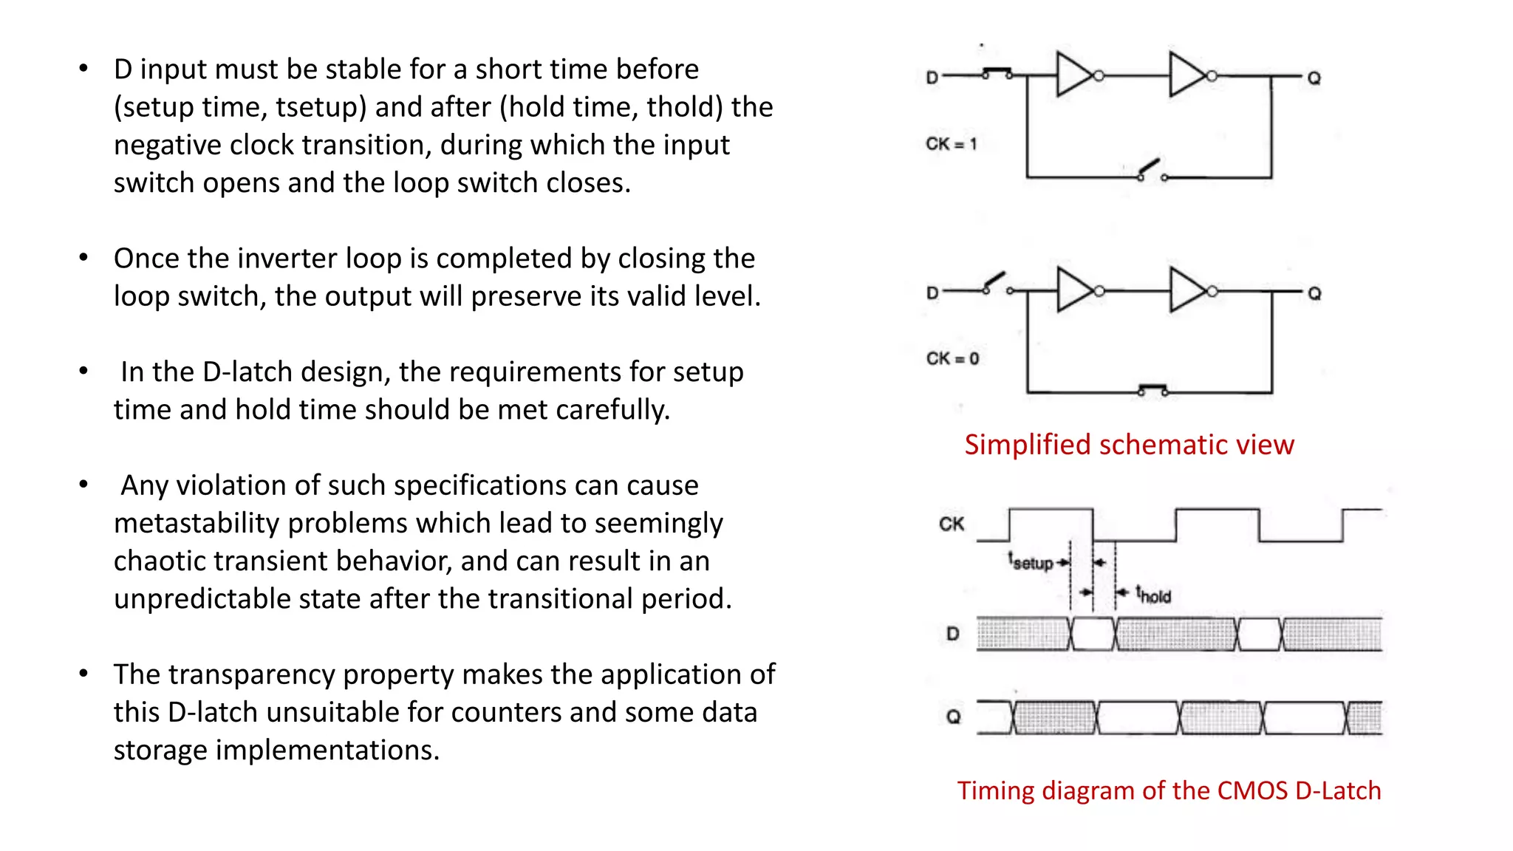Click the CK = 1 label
951,144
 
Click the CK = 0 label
952,359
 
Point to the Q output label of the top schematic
1314,78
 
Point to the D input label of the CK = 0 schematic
932,293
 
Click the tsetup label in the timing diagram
1031,562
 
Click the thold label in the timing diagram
1153,595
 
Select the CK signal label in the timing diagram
952,524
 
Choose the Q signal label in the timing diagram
953,717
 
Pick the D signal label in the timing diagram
953,634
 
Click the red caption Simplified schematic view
1129,445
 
